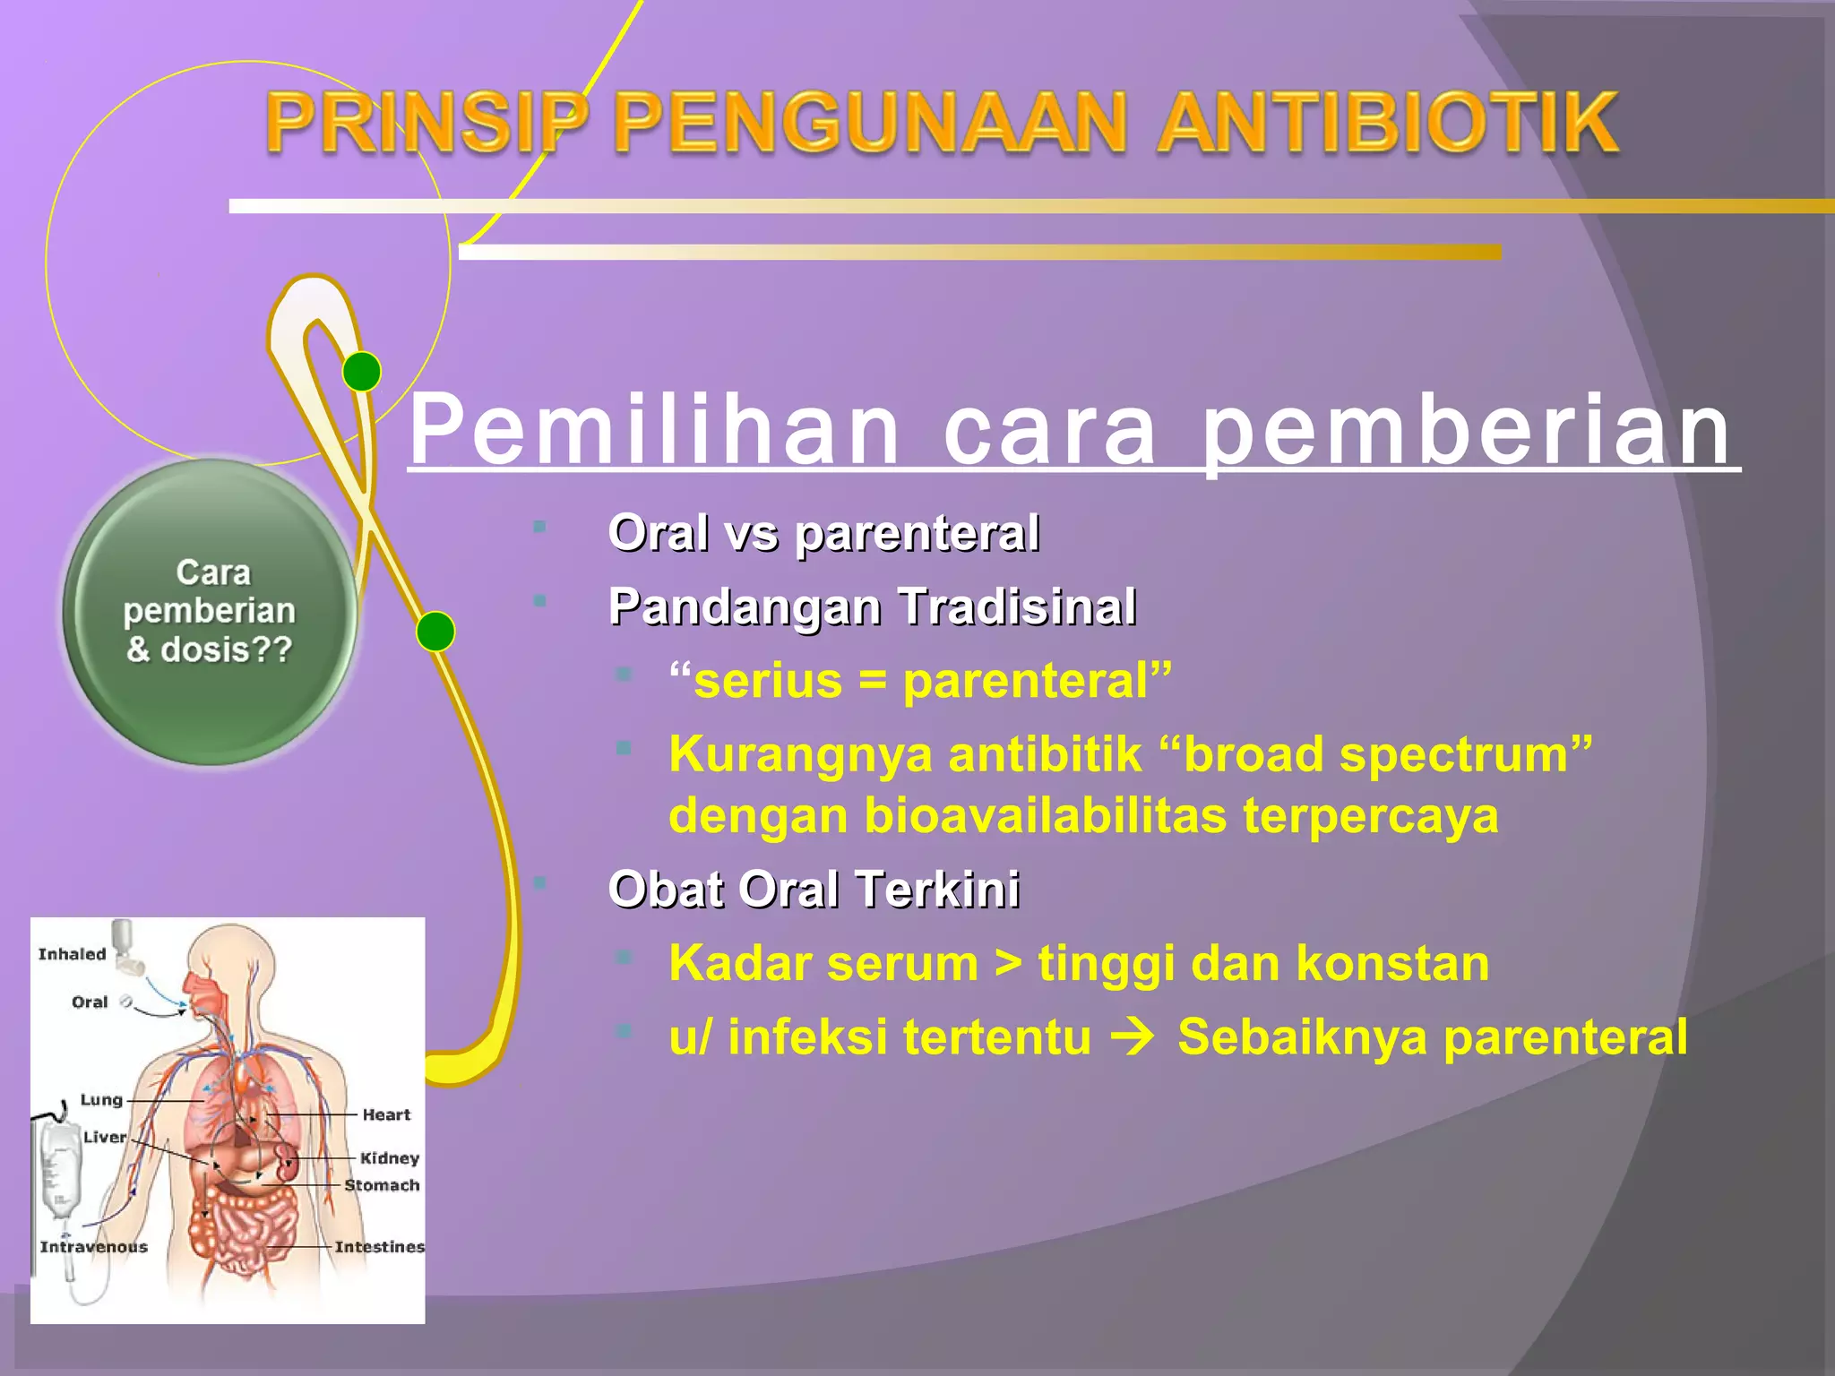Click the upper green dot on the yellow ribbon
(362, 371)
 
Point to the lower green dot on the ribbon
(435, 632)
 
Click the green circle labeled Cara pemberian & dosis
(211, 612)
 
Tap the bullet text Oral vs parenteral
(823, 534)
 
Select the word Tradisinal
(1018, 606)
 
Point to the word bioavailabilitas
(1046, 816)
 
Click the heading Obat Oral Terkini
(814, 890)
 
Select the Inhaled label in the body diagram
(72, 954)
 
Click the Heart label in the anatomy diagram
(386, 1114)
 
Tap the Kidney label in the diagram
(390, 1158)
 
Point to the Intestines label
(379, 1246)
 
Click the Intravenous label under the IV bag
(93, 1246)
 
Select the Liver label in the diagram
(105, 1137)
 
